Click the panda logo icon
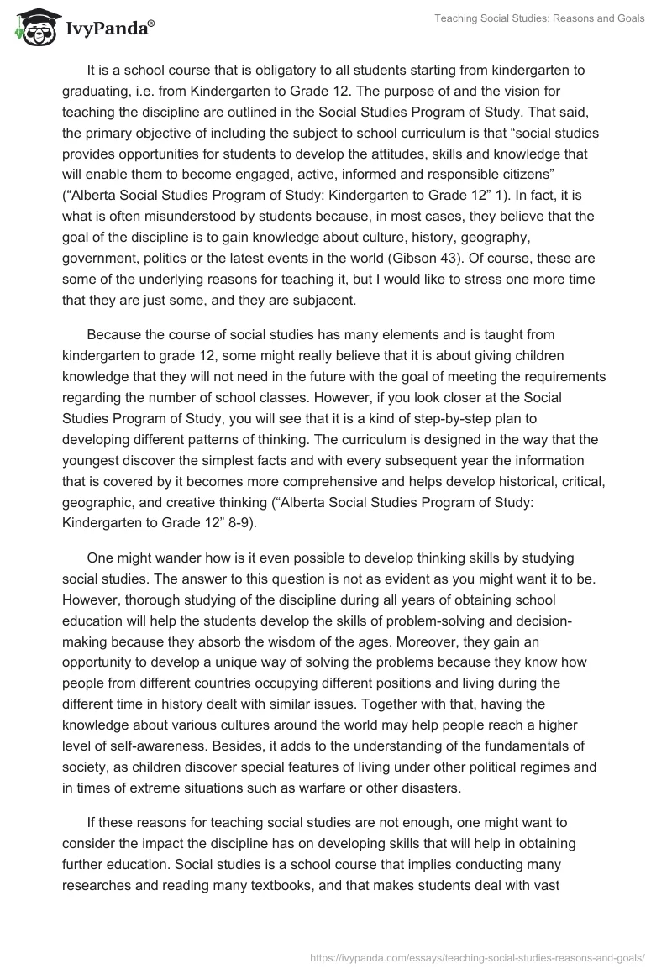[30, 25]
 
